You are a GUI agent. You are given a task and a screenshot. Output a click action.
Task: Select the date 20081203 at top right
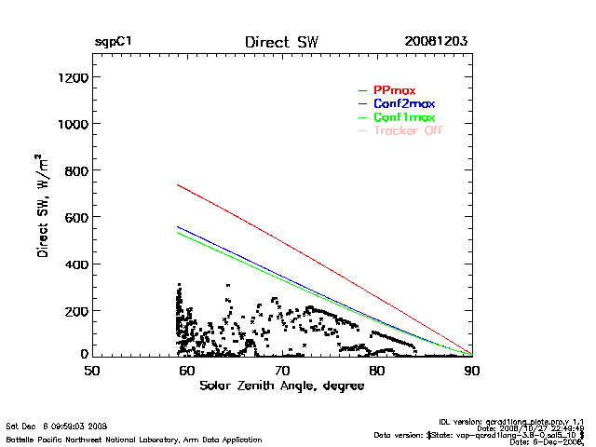pyautogui.click(x=436, y=42)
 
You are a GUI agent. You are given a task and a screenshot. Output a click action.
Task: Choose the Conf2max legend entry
pyautogui.click(x=403, y=103)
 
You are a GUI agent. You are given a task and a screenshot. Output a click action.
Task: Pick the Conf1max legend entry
pyautogui.click(x=403, y=118)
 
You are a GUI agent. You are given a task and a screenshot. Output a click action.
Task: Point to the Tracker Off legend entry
pyautogui.click(x=407, y=131)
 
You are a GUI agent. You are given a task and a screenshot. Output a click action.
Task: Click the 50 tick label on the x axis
pyautogui.click(x=92, y=370)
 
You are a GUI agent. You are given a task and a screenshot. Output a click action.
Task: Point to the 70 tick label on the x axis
pyautogui.click(x=282, y=370)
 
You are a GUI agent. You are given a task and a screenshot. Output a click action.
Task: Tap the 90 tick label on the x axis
pyautogui.click(x=472, y=370)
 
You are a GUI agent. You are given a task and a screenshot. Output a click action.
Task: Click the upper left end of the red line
pyautogui.click(x=177, y=184)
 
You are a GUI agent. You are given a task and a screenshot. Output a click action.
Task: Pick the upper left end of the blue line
pyautogui.click(x=177, y=226)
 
